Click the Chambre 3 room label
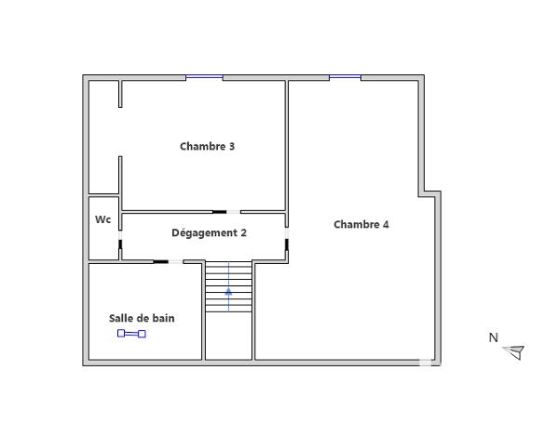207,146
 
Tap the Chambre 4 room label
361,224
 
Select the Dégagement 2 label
209,232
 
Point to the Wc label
102,220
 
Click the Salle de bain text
142,318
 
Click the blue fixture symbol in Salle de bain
131,334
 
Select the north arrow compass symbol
514,351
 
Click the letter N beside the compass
494,337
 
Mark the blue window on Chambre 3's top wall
204,77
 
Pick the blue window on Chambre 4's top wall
345,77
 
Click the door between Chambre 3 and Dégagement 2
226,212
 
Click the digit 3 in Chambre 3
231,146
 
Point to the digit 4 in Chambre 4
386,224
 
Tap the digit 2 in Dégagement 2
243,232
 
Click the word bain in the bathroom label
163,318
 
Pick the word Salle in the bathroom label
122,318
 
